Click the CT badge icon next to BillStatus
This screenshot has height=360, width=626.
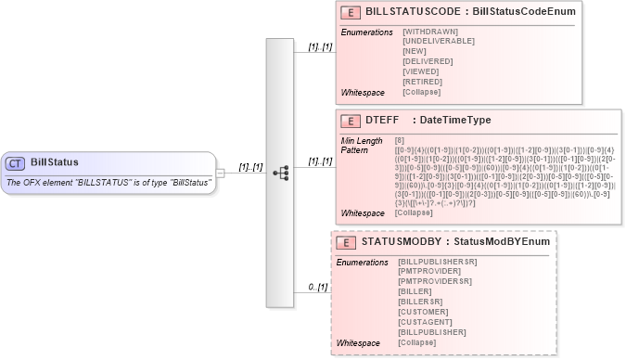[x=16, y=163]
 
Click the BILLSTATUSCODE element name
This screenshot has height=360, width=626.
[x=415, y=12]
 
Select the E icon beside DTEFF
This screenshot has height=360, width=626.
[x=351, y=121]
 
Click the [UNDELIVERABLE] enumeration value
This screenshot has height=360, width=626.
[x=439, y=41]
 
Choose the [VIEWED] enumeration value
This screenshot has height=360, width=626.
[x=422, y=71]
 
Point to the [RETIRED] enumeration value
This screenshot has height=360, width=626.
[x=423, y=82]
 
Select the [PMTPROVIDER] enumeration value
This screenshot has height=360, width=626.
[x=429, y=271]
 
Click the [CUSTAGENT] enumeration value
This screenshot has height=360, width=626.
[x=426, y=322]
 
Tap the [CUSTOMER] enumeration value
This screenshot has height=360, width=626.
[x=425, y=312]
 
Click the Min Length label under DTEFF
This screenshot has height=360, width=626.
[x=362, y=140]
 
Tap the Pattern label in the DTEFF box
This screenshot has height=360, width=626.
[x=354, y=149]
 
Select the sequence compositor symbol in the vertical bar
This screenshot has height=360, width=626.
[x=280, y=173]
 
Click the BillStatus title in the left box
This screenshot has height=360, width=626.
[x=55, y=162]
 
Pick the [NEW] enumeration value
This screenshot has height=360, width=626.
[x=415, y=51]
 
